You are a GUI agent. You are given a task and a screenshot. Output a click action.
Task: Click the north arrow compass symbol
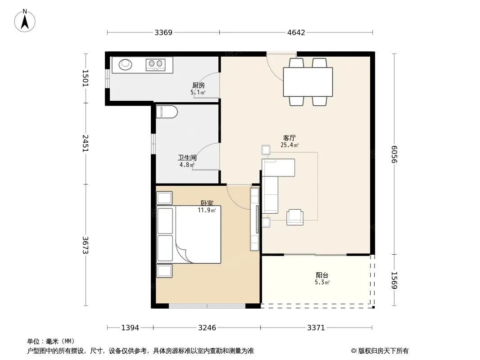pos(25,21)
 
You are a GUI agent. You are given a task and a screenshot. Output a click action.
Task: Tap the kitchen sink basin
pos(126,64)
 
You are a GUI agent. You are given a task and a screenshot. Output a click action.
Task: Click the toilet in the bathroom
pos(167,112)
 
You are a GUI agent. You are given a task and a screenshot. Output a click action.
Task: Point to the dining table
pos(308,82)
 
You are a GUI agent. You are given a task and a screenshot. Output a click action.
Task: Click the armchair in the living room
pos(295,217)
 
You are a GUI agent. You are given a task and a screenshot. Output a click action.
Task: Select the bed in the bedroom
pos(189,234)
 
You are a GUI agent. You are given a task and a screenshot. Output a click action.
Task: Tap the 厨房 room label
pos(199,85)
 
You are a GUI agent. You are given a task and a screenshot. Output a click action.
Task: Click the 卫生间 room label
pos(187,158)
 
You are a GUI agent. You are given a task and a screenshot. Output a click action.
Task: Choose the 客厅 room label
pos(289,138)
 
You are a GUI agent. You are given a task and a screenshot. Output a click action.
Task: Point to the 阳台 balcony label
pos(322,275)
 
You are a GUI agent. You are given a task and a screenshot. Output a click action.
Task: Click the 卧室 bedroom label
pos(207,203)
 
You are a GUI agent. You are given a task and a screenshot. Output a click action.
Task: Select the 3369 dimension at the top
pos(163,32)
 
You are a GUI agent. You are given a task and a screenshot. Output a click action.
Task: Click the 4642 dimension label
pos(296,32)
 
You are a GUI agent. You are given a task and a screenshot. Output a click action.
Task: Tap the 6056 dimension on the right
pos(394,154)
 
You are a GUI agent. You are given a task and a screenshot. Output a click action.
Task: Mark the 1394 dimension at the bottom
pos(131,328)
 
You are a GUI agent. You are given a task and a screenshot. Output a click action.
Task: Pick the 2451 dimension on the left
pos(86,143)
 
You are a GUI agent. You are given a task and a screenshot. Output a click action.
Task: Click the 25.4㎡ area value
pos(290,145)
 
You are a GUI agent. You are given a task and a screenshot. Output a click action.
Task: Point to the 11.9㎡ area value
pos(207,210)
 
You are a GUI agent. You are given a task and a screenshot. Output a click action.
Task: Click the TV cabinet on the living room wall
pos(255,219)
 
